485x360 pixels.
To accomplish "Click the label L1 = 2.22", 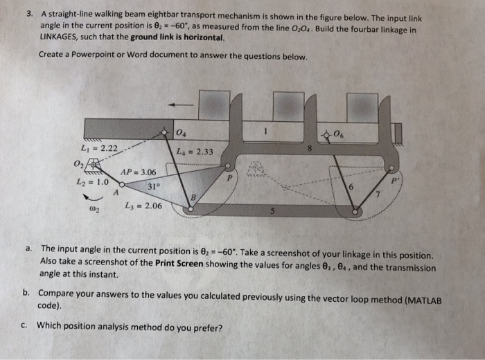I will coord(100,148).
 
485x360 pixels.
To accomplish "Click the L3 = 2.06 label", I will coord(143,206).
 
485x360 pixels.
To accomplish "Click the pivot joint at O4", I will coord(165,131).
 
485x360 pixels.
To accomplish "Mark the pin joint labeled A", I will coord(122,186).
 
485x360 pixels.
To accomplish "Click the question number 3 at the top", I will coord(29,12).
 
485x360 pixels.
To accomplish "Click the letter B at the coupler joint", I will coord(193,197).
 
